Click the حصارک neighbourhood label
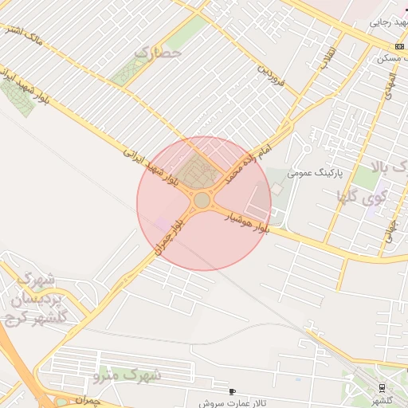[159, 54]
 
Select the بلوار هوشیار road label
[248, 222]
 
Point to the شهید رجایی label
[388, 23]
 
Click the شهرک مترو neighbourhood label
[127, 373]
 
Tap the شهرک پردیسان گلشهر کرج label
[36, 298]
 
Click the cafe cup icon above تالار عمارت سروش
[232, 391]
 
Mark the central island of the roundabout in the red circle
[202, 201]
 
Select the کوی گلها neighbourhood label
[363, 196]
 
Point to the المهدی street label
[387, 88]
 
